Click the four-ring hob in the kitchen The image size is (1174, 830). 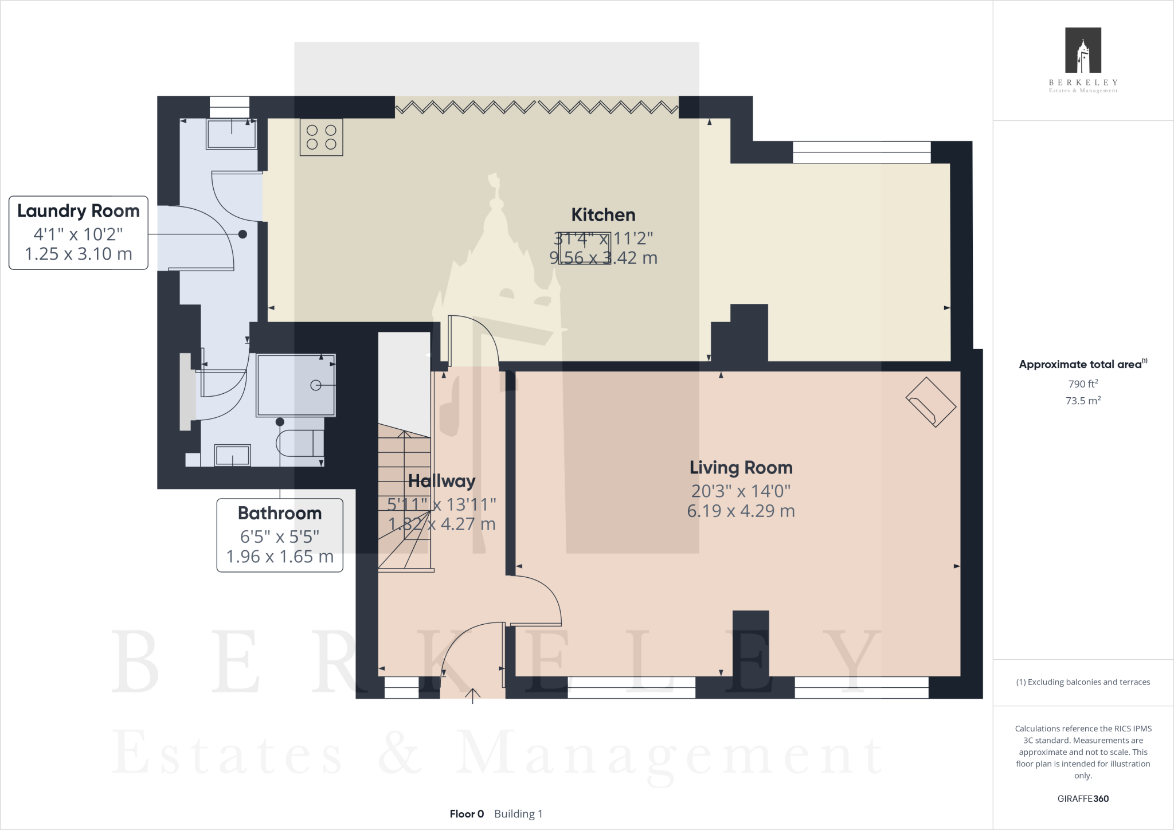[x=321, y=138]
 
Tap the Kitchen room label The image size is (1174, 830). [x=603, y=215]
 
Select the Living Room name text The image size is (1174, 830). [x=741, y=468]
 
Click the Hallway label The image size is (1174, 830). [x=441, y=481]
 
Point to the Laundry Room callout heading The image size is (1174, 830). [x=79, y=211]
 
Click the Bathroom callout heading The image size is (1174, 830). [x=280, y=513]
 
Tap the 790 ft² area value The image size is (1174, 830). [x=1083, y=383]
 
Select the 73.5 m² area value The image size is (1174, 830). [x=1083, y=401]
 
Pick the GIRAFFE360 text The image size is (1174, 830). [x=1083, y=798]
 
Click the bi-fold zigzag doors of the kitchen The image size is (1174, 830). [x=537, y=107]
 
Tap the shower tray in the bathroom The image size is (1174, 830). [x=296, y=385]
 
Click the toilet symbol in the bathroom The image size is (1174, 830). [x=300, y=443]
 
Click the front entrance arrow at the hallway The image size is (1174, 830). [x=472, y=695]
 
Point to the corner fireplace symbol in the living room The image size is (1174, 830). [x=930, y=402]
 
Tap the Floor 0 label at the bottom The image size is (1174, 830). [x=467, y=814]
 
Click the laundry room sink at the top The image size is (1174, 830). [x=232, y=134]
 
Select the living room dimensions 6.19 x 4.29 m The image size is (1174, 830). [x=741, y=511]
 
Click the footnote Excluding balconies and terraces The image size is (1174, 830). [x=1083, y=682]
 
